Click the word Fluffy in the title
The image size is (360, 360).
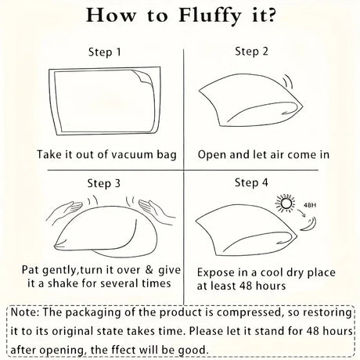[210, 16]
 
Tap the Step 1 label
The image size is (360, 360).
[105, 52]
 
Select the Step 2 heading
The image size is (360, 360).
[251, 51]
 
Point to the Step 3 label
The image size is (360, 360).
[103, 183]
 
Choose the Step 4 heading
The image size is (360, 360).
[251, 182]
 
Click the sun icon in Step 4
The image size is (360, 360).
[285, 203]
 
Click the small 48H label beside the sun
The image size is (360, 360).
[310, 205]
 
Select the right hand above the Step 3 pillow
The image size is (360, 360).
[157, 209]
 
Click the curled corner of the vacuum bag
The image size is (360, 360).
[142, 77]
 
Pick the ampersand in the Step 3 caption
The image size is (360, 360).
[149, 270]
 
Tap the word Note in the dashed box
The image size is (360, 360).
[24, 312]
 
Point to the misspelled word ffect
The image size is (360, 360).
[104, 350]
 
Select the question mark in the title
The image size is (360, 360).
[271, 16]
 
